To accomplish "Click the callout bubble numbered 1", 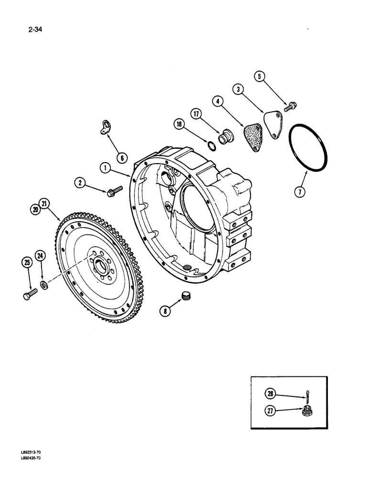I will pyautogui.click(x=105, y=167).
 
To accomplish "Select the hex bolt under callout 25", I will pyautogui.click(x=30, y=294).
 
